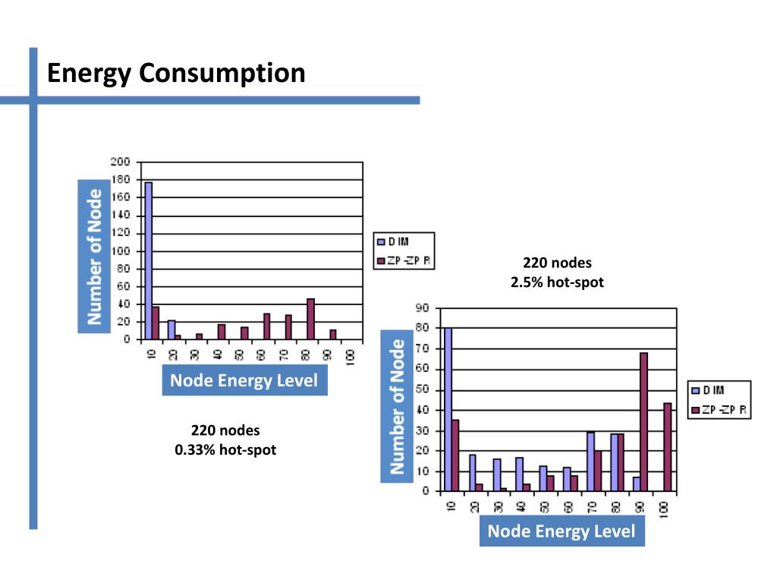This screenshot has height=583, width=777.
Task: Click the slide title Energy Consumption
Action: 176,74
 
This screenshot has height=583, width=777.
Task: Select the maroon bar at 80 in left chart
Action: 310,319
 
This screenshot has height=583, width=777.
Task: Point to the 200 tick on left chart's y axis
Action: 120,162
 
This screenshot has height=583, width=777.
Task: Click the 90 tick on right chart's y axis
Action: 423,308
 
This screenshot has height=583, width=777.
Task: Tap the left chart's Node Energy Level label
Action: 244,380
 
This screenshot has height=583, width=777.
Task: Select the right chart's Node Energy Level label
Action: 562,531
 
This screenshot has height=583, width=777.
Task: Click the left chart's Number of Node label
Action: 95,257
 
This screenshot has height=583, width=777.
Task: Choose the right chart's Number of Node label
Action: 398,407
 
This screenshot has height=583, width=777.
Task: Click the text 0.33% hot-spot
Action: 225,450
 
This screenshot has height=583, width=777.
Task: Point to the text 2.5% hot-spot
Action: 557,283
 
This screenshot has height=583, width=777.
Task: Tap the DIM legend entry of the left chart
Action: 394,242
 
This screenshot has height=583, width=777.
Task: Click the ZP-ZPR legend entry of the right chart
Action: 719,410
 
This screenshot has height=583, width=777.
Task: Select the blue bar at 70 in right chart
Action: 590,461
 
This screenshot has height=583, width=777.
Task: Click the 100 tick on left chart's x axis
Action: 351,357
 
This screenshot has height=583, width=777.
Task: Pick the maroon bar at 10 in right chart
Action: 455,455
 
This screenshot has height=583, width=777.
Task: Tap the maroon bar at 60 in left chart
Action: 266,326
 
